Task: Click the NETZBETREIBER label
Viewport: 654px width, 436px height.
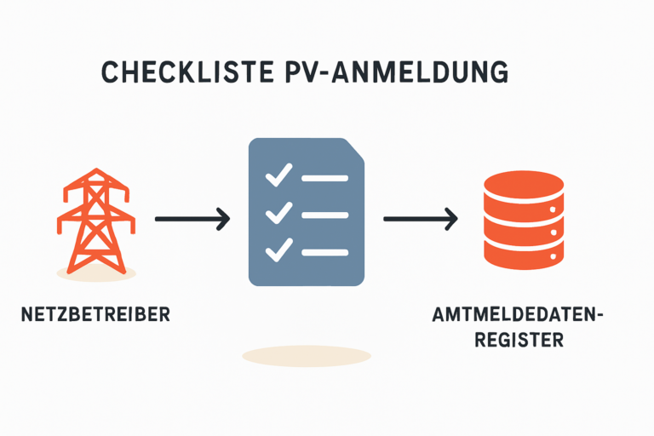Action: (95, 313)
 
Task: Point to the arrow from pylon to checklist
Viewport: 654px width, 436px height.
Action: (192, 219)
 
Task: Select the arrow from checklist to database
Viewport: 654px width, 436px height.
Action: (421, 219)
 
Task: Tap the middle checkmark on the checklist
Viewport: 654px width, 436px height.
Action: (278, 214)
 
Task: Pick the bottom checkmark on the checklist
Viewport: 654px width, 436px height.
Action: (278, 250)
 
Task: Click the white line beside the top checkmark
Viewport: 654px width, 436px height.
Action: (324, 179)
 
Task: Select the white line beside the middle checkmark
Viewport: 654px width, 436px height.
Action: (324, 215)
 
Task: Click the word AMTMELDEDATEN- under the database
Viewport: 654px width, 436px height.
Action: (518, 316)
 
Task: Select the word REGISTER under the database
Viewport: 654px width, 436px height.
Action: (519, 340)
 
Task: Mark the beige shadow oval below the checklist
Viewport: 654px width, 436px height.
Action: (307, 356)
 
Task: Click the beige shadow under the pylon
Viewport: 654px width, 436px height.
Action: (95, 272)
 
